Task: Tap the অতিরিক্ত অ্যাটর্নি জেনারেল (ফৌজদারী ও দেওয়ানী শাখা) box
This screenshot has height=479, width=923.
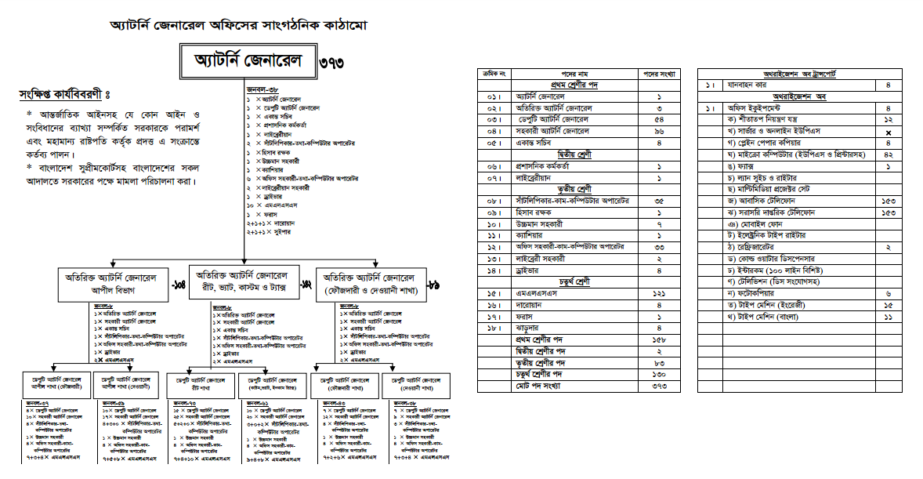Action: point(369,284)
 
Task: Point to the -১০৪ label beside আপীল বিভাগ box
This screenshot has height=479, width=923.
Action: point(178,285)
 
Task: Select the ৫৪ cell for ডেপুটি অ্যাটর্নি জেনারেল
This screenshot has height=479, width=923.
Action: point(659,118)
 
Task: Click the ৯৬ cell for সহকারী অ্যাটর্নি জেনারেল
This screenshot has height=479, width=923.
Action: point(659,131)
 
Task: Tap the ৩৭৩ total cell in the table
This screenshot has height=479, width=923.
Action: point(659,386)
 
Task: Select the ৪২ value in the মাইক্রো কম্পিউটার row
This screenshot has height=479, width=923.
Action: point(888,154)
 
